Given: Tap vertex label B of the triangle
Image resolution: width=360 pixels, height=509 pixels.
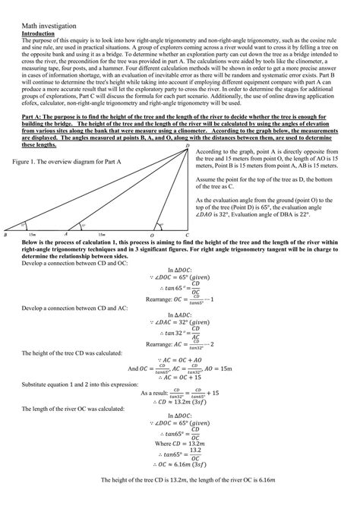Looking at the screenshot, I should pyautogui.click(x=5, y=236).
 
